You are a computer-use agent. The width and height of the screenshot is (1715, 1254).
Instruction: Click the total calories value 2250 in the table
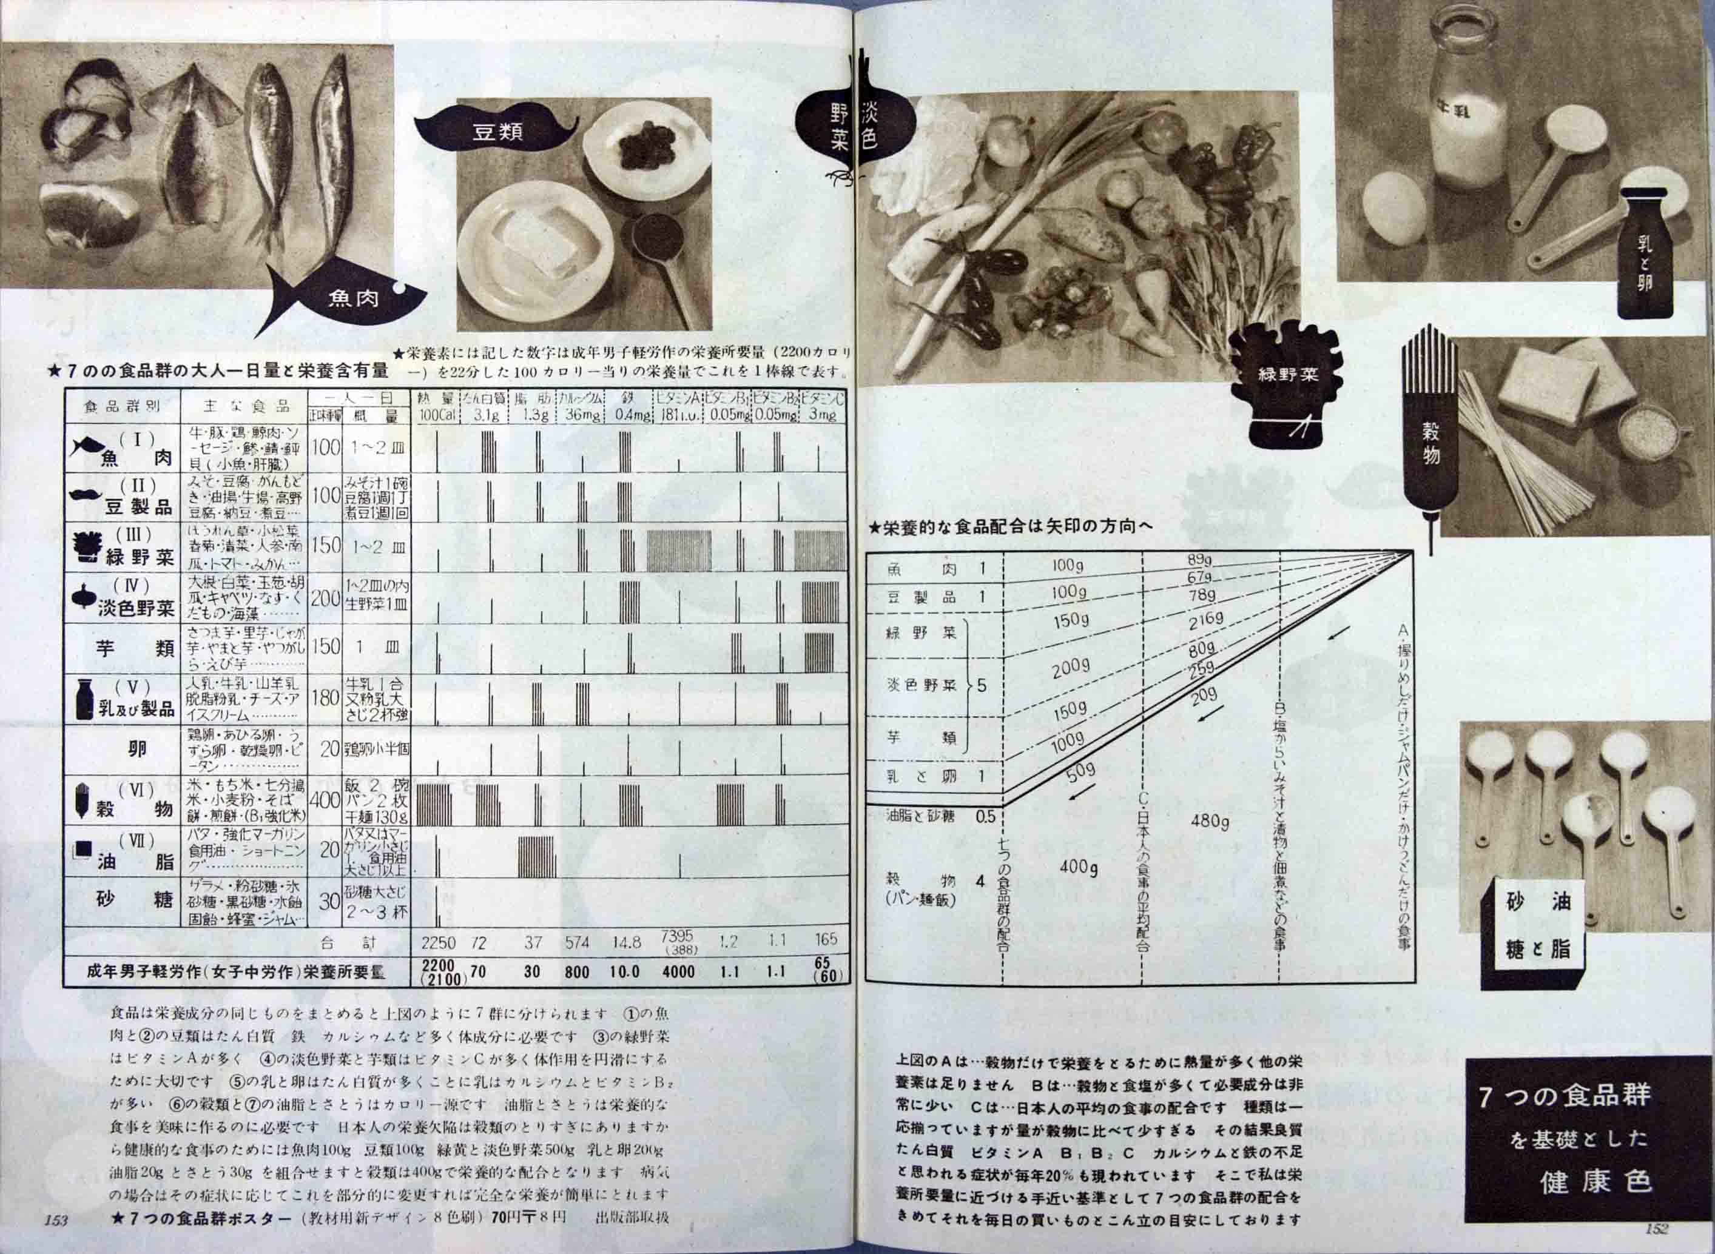click(x=438, y=944)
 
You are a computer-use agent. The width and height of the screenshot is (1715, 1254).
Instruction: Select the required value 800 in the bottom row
click(x=578, y=971)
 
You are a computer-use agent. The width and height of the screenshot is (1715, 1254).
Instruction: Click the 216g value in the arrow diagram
click(x=1205, y=620)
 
